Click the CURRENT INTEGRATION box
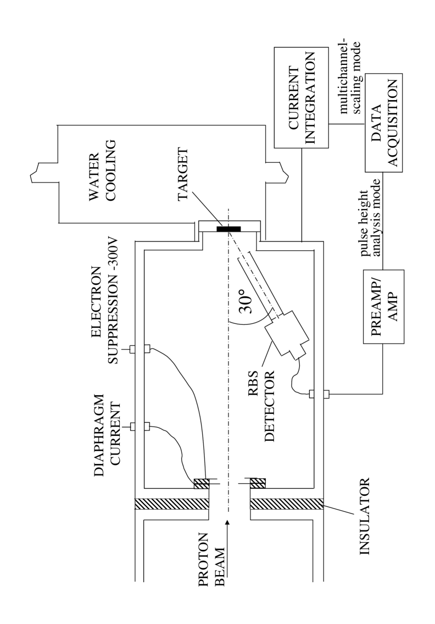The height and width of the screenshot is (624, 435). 300,98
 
